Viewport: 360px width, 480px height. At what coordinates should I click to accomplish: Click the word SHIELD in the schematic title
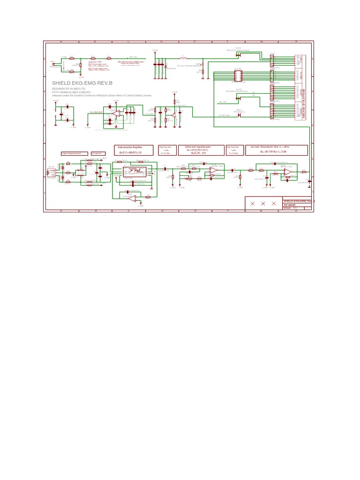pos(61,83)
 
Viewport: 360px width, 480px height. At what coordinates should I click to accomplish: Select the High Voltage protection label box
pos(74,153)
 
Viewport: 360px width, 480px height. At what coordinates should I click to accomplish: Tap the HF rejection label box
pos(97,153)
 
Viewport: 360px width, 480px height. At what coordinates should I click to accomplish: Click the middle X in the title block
pos(263,203)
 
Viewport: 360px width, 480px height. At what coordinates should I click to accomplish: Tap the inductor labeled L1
pos(184,58)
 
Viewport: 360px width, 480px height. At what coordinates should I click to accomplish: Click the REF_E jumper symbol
pos(239,115)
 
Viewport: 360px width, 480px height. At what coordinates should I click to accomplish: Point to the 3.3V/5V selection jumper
pos(238,53)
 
